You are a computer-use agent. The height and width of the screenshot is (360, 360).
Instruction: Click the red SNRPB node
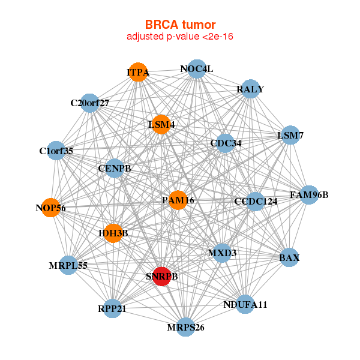[x=162, y=277]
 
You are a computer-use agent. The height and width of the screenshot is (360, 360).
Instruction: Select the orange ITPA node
[x=138, y=72]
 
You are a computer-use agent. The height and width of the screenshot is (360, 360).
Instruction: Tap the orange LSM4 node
[x=161, y=124]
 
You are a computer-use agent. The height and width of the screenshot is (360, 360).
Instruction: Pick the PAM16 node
[x=178, y=200]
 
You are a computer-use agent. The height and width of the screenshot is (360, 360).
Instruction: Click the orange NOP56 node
[x=51, y=208]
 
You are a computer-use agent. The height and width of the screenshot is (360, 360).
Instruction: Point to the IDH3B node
[x=113, y=233]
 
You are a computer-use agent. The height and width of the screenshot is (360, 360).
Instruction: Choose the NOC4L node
[x=197, y=69]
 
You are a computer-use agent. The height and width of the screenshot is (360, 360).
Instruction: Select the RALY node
[x=250, y=89]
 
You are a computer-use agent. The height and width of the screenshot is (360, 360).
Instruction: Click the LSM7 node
[x=290, y=135]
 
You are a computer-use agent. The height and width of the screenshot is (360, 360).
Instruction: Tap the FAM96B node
[x=309, y=195]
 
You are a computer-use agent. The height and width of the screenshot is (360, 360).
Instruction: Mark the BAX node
[x=289, y=257]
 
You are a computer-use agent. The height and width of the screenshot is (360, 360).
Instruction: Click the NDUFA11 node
[x=245, y=304]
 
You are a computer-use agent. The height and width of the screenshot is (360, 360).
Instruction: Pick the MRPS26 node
[x=185, y=327]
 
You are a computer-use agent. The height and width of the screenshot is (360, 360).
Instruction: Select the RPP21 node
[x=112, y=308]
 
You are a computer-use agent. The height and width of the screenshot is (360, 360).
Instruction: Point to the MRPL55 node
[x=68, y=265]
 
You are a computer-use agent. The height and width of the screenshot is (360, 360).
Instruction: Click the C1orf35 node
[x=56, y=151]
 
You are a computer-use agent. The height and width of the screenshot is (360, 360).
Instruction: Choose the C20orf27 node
[x=90, y=103]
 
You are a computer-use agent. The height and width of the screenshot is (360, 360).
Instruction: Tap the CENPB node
[x=115, y=168]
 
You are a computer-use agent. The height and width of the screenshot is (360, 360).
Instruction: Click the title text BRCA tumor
[x=180, y=25]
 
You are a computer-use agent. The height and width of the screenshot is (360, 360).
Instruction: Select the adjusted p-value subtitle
[x=180, y=37]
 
